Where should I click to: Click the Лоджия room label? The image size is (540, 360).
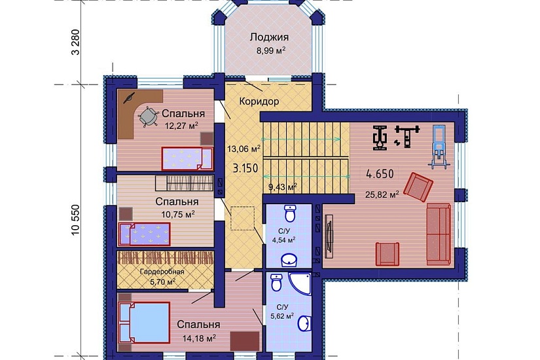[x=269, y=37]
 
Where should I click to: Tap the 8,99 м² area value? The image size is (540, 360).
[x=270, y=50]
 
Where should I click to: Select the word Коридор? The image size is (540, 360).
[x=259, y=101]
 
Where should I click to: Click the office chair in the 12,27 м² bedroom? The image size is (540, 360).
[x=148, y=117]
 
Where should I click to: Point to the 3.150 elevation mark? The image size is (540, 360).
[x=245, y=168]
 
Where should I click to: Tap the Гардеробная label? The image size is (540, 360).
[x=162, y=272]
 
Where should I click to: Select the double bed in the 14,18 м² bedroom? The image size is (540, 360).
[x=144, y=323]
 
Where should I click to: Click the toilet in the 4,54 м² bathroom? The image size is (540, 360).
[x=291, y=213]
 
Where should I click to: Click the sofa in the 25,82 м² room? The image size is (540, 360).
[x=439, y=234]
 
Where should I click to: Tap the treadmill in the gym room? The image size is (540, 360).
[x=439, y=146]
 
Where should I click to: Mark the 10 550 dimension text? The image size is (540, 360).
[x=75, y=220]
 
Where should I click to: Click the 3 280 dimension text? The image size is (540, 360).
[x=75, y=42]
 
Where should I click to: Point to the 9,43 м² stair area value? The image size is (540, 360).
[x=282, y=187]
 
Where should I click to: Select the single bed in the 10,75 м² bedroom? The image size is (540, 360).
[x=144, y=234]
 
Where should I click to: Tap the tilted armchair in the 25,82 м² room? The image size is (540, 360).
[x=418, y=187]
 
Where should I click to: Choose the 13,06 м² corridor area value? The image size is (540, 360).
[x=244, y=149]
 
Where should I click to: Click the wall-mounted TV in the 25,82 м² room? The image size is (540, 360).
[x=329, y=236]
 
